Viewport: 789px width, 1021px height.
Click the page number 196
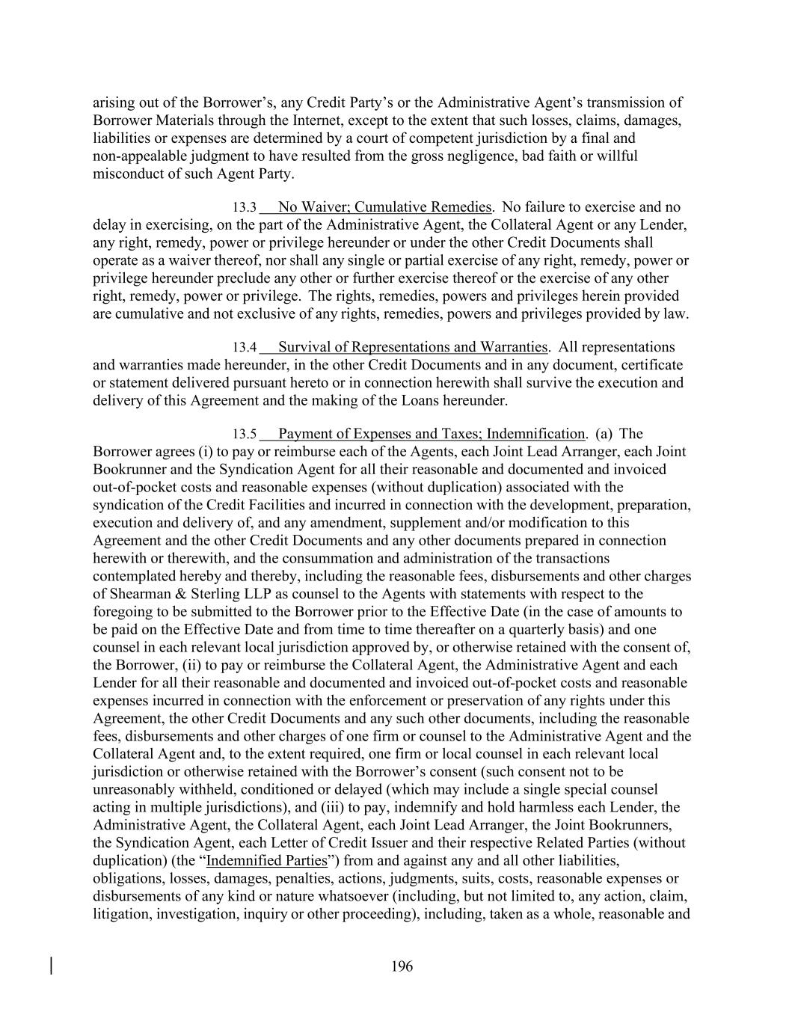pyautogui.click(x=402, y=966)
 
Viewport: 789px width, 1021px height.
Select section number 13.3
pyautogui.click(x=244, y=207)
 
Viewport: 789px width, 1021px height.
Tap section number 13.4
pyautogui.click(x=244, y=347)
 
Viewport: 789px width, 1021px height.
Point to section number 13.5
pyautogui.click(x=244, y=434)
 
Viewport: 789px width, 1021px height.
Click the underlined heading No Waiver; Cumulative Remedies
pyautogui.click(x=384, y=206)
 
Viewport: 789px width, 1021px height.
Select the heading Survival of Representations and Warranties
pyautogui.click(x=412, y=346)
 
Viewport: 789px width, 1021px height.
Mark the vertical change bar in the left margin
pyautogui.click(x=51, y=966)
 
